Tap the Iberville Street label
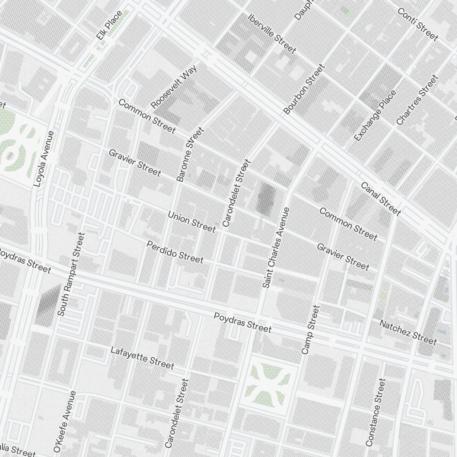pyautogui.click(x=271, y=33)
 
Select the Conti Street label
pyautogui.click(x=418, y=24)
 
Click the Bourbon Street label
pyautogui.click(x=303, y=89)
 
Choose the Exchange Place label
pyautogui.click(x=375, y=116)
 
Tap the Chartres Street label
pyautogui.click(x=417, y=100)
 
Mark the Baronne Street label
pyautogui.click(x=190, y=155)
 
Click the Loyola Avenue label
pyautogui.click(x=44, y=159)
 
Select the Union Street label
pyautogui.click(x=191, y=222)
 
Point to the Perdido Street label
pyautogui.click(x=175, y=252)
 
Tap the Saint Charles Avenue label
pyautogui.click(x=276, y=247)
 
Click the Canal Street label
pyautogui.click(x=381, y=199)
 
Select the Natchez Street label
pyautogui.click(x=408, y=332)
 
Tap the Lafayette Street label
pyautogui.click(x=142, y=358)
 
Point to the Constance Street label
pyautogui.click(x=376, y=412)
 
